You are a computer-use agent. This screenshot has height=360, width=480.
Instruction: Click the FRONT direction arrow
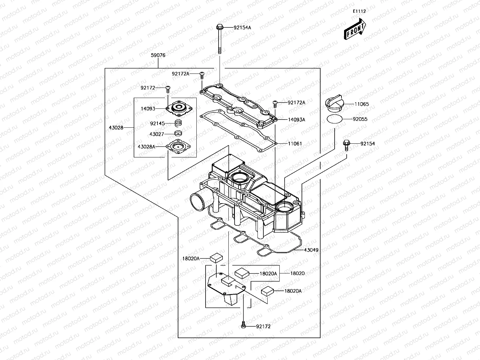[355, 29]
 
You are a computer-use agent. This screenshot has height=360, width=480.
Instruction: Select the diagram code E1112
[359, 11]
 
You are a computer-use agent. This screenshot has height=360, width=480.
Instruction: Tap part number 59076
[158, 55]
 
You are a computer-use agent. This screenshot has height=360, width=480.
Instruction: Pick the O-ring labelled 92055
[335, 119]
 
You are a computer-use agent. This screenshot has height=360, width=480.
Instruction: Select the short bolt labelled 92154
[346, 145]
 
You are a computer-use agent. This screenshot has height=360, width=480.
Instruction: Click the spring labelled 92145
[178, 123]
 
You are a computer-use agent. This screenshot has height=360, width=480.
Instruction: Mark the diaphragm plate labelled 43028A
[178, 147]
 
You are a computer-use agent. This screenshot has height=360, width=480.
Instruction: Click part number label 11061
[295, 143]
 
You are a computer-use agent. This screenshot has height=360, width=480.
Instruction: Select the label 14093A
[296, 120]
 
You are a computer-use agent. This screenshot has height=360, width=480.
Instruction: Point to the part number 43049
[311, 250]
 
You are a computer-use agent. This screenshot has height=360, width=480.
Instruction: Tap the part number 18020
[297, 273]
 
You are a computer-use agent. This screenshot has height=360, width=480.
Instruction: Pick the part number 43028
[116, 127]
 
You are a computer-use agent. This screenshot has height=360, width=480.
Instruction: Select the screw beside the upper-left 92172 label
[168, 88]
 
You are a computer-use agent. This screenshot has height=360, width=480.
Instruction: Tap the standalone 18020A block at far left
[216, 258]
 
